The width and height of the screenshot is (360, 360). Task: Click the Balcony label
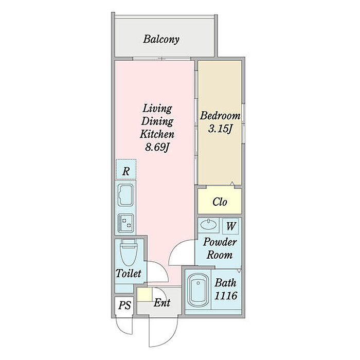pyautogui.click(x=161, y=39)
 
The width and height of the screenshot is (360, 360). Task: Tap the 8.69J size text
pyautogui.click(x=157, y=148)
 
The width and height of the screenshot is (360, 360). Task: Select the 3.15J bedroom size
pyautogui.click(x=220, y=129)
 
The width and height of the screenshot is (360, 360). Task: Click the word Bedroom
pyautogui.click(x=220, y=116)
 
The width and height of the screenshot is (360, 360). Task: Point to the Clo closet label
pyautogui.click(x=220, y=202)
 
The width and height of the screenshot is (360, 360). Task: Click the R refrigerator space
pyautogui.click(x=126, y=169)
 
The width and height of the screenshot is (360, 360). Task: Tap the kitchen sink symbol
pyautogui.click(x=125, y=195)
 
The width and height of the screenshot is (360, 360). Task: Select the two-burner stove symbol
pyautogui.click(x=125, y=223)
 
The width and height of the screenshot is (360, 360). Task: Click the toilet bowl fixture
pyautogui.click(x=128, y=253)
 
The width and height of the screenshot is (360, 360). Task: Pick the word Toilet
pyautogui.click(x=129, y=274)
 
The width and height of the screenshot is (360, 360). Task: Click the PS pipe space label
pyautogui.click(x=124, y=305)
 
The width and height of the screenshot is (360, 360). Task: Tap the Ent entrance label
pyautogui.click(x=162, y=302)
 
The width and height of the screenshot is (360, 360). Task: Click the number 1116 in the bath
pyautogui.click(x=226, y=296)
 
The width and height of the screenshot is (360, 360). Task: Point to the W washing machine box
pyautogui.click(x=231, y=226)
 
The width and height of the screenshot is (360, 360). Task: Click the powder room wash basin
pyautogui.click(x=208, y=224)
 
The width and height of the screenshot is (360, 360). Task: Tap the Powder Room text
pyautogui.click(x=220, y=248)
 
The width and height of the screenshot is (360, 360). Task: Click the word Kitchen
pyautogui.click(x=157, y=134)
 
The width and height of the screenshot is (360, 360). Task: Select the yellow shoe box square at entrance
pyautogui.click(x=145, y=294)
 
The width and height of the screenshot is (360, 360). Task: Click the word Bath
pyautogui.click(x=225, y=283)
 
